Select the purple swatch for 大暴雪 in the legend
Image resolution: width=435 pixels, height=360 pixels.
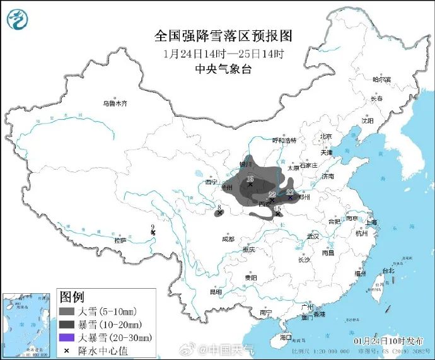67,337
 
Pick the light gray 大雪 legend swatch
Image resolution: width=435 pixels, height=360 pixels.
67,311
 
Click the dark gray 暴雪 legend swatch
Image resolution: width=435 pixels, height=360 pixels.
67,324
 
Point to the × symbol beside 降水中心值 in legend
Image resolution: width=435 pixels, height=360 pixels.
67,350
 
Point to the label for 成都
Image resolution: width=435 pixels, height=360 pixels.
228,240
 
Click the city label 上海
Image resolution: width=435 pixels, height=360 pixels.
370,222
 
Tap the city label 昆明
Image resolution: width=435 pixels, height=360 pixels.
216,292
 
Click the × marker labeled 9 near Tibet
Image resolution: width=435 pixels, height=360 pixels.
153,233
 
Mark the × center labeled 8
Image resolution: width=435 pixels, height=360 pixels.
219,213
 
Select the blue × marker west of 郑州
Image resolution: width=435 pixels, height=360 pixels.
290,197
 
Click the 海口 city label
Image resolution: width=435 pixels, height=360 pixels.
286,337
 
